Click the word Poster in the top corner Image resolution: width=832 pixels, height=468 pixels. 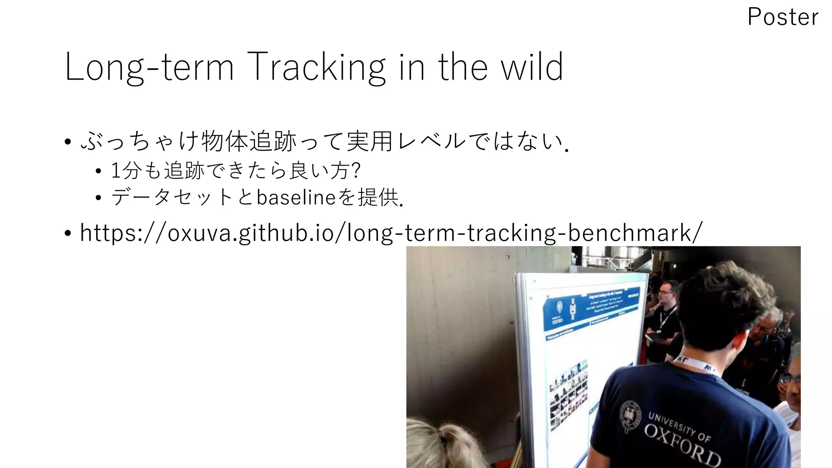click(782, 17)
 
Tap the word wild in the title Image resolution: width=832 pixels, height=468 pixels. click(532, 67)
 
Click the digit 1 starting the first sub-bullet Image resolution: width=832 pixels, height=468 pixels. click(115, 171)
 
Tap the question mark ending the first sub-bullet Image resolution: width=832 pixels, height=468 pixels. click(357, 171)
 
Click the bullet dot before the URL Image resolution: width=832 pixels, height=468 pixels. click(68, 234)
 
